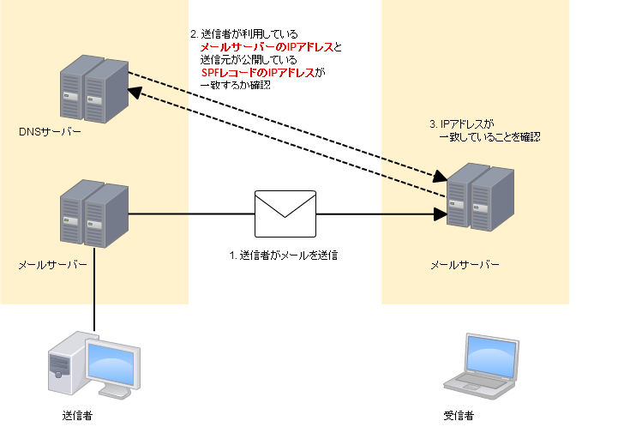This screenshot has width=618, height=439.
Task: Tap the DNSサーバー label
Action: (51, 132)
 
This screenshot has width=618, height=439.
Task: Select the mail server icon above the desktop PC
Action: (94, 213)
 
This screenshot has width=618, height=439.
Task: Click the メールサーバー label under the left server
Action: (53, 265)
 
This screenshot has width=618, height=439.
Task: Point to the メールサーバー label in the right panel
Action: (465, 265)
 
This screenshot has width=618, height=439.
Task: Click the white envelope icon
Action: (285, 213)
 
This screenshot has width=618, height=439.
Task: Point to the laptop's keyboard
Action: (477, 386)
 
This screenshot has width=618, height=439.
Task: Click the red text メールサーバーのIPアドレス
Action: (267, 47)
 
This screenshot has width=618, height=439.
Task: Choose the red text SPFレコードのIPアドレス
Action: (258, 74)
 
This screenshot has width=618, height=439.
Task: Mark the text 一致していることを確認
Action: (489, 136)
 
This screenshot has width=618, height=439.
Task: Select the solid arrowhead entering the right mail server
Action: (441, 214)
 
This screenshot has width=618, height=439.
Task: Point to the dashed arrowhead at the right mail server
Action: (441, 177)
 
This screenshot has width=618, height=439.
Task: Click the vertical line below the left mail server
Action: (94, 274)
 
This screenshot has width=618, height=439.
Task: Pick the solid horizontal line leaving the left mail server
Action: (159, 213)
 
